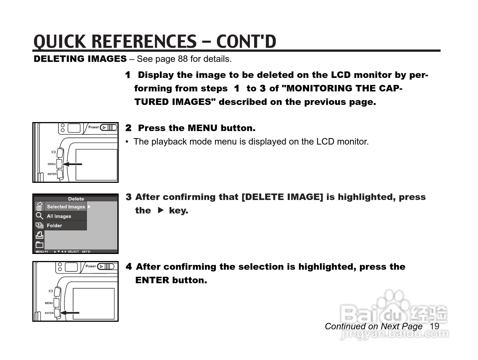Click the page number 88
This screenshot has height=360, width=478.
tap(183, 59)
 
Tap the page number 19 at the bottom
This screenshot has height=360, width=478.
tap(434, 326)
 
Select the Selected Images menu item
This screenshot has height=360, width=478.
tap(66, 207)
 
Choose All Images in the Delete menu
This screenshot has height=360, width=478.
tap(59, 216)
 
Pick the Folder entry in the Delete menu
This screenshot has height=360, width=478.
tap(54, 226)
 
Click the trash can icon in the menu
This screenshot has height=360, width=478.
tap(39, 206)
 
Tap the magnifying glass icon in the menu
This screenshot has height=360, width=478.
tap(39, 216)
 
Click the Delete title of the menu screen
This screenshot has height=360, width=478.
tap(76, 199)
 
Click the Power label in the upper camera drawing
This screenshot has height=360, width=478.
tap(93, 127)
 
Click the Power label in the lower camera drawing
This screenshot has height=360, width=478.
tap(91, 266)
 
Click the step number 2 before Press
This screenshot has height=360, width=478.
tap(128, 128)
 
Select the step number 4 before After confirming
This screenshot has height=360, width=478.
tap(129, 267)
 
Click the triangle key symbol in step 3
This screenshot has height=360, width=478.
tap(161, 210)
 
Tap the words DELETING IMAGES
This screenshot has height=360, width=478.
tap(80, 59)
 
